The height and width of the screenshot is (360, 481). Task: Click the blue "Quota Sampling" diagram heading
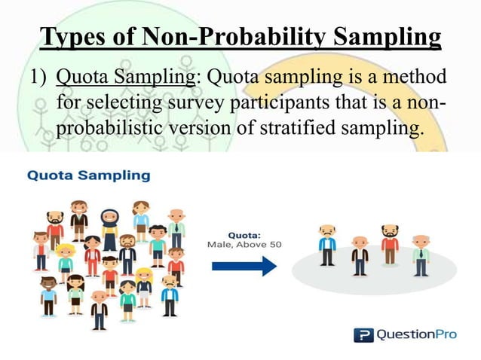point(89,175)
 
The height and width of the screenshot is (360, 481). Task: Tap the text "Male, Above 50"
point(236,245)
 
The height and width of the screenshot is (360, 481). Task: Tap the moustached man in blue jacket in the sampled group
point(326,243)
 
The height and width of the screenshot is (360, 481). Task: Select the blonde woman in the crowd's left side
point(66,261)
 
